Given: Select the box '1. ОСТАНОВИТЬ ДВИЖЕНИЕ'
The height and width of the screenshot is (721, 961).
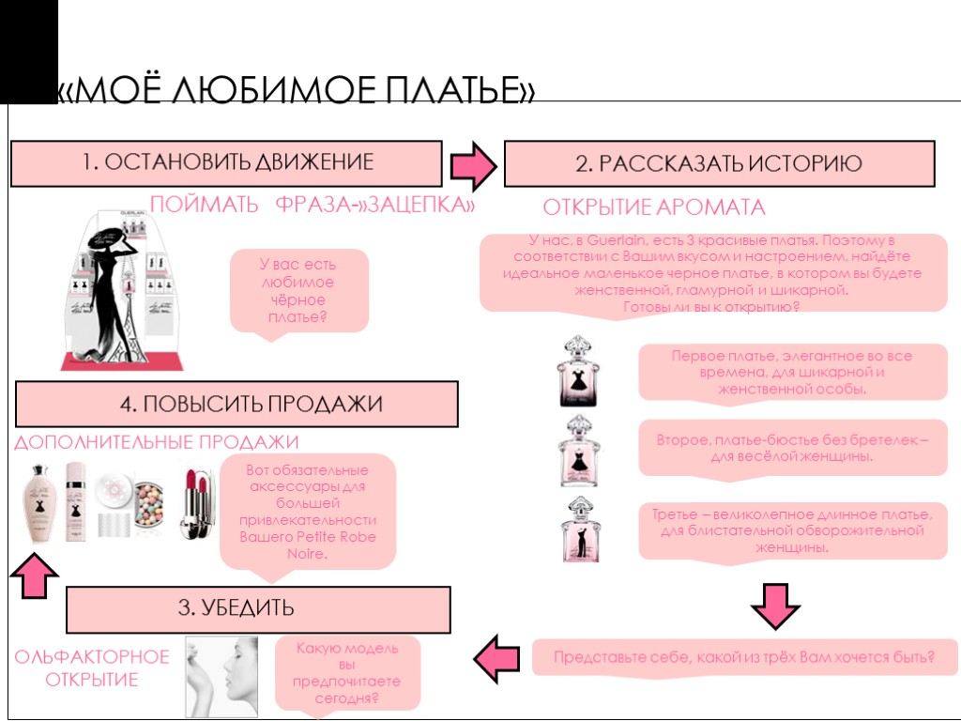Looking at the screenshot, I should coord(226,162).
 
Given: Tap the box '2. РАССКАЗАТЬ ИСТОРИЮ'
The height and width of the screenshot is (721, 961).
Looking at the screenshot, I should coord(719,164).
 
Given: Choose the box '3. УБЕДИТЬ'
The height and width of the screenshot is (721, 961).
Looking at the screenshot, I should coord(258,608).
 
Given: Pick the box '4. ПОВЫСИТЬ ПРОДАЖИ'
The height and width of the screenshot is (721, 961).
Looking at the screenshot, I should coord(236,405).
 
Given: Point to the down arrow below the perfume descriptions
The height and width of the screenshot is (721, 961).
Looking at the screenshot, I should coord(775,606).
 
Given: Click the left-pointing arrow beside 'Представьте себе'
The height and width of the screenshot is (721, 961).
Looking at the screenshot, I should coord(497,658).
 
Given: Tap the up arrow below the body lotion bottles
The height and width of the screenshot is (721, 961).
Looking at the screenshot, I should coord(35,575).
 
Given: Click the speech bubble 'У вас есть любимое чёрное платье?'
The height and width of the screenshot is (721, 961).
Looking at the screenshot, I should coord(298,291).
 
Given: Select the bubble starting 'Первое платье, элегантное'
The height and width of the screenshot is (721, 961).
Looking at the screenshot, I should coord(792,372).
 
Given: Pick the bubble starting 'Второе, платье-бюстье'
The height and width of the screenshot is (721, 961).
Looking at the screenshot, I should coord(792,447).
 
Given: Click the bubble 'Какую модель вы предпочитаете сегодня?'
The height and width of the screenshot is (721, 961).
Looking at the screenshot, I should coord(347,674).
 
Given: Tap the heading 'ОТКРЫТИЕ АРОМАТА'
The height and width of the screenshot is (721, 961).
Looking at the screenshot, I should coord(654,207).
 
